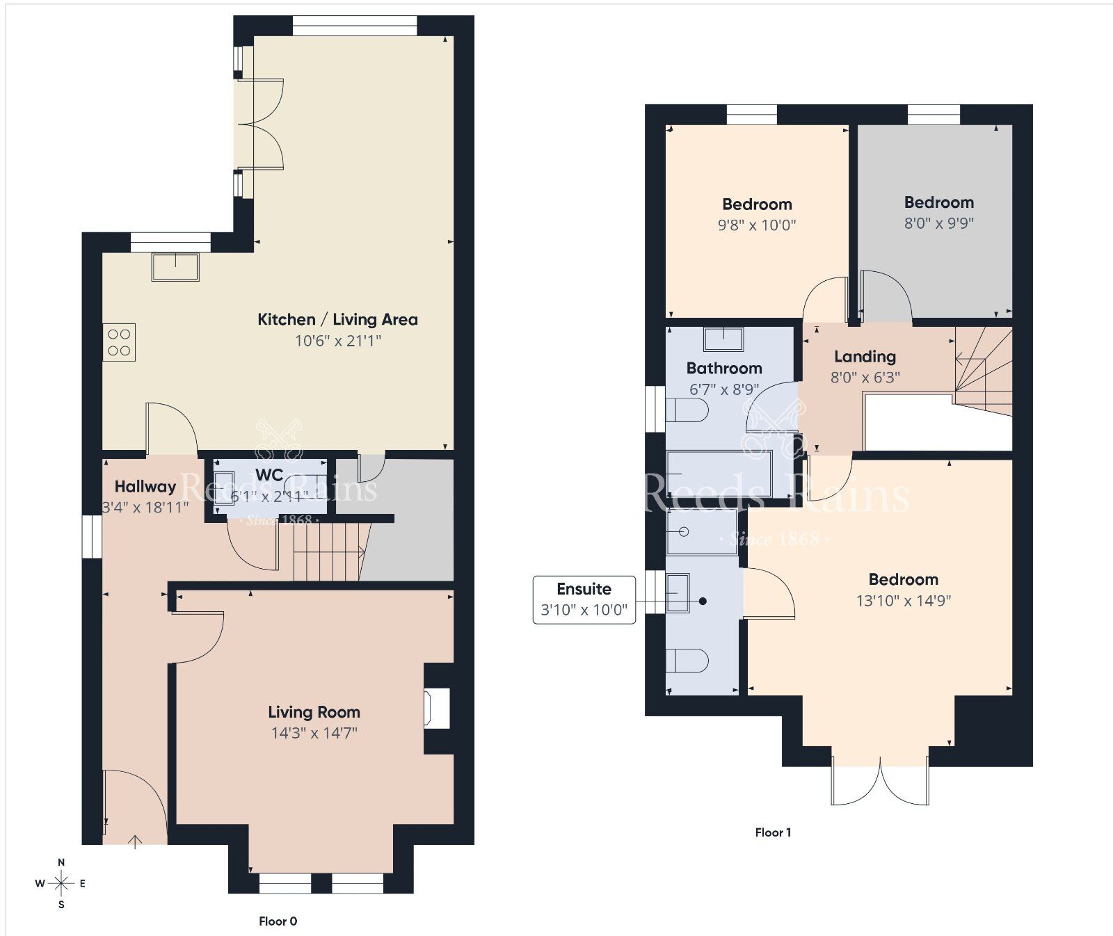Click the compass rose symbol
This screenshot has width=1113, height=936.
[61, 884]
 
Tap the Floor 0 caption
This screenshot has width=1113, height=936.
[278, 921]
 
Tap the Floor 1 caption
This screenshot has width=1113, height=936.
[773, 832]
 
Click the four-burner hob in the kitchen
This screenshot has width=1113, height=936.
[119, 342]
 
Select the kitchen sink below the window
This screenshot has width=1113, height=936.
[175, 267]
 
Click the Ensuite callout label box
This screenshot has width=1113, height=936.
[584, 599]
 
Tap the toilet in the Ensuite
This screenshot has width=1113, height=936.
[687, 660]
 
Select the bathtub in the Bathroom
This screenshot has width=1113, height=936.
[719, 474]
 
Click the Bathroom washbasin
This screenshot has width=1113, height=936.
[723, 339]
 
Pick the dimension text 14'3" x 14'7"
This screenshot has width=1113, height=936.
[314, 733]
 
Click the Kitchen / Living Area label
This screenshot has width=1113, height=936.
[337, 320]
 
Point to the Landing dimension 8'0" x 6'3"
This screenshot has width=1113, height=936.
[865, 378]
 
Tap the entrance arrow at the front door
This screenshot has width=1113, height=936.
[135, 842]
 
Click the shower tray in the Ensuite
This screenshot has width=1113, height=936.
[701, 532]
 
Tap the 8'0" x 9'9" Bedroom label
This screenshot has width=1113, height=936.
[938, 203]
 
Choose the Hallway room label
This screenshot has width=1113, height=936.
[145, 487]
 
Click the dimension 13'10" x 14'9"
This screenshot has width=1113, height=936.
[903, 601]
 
